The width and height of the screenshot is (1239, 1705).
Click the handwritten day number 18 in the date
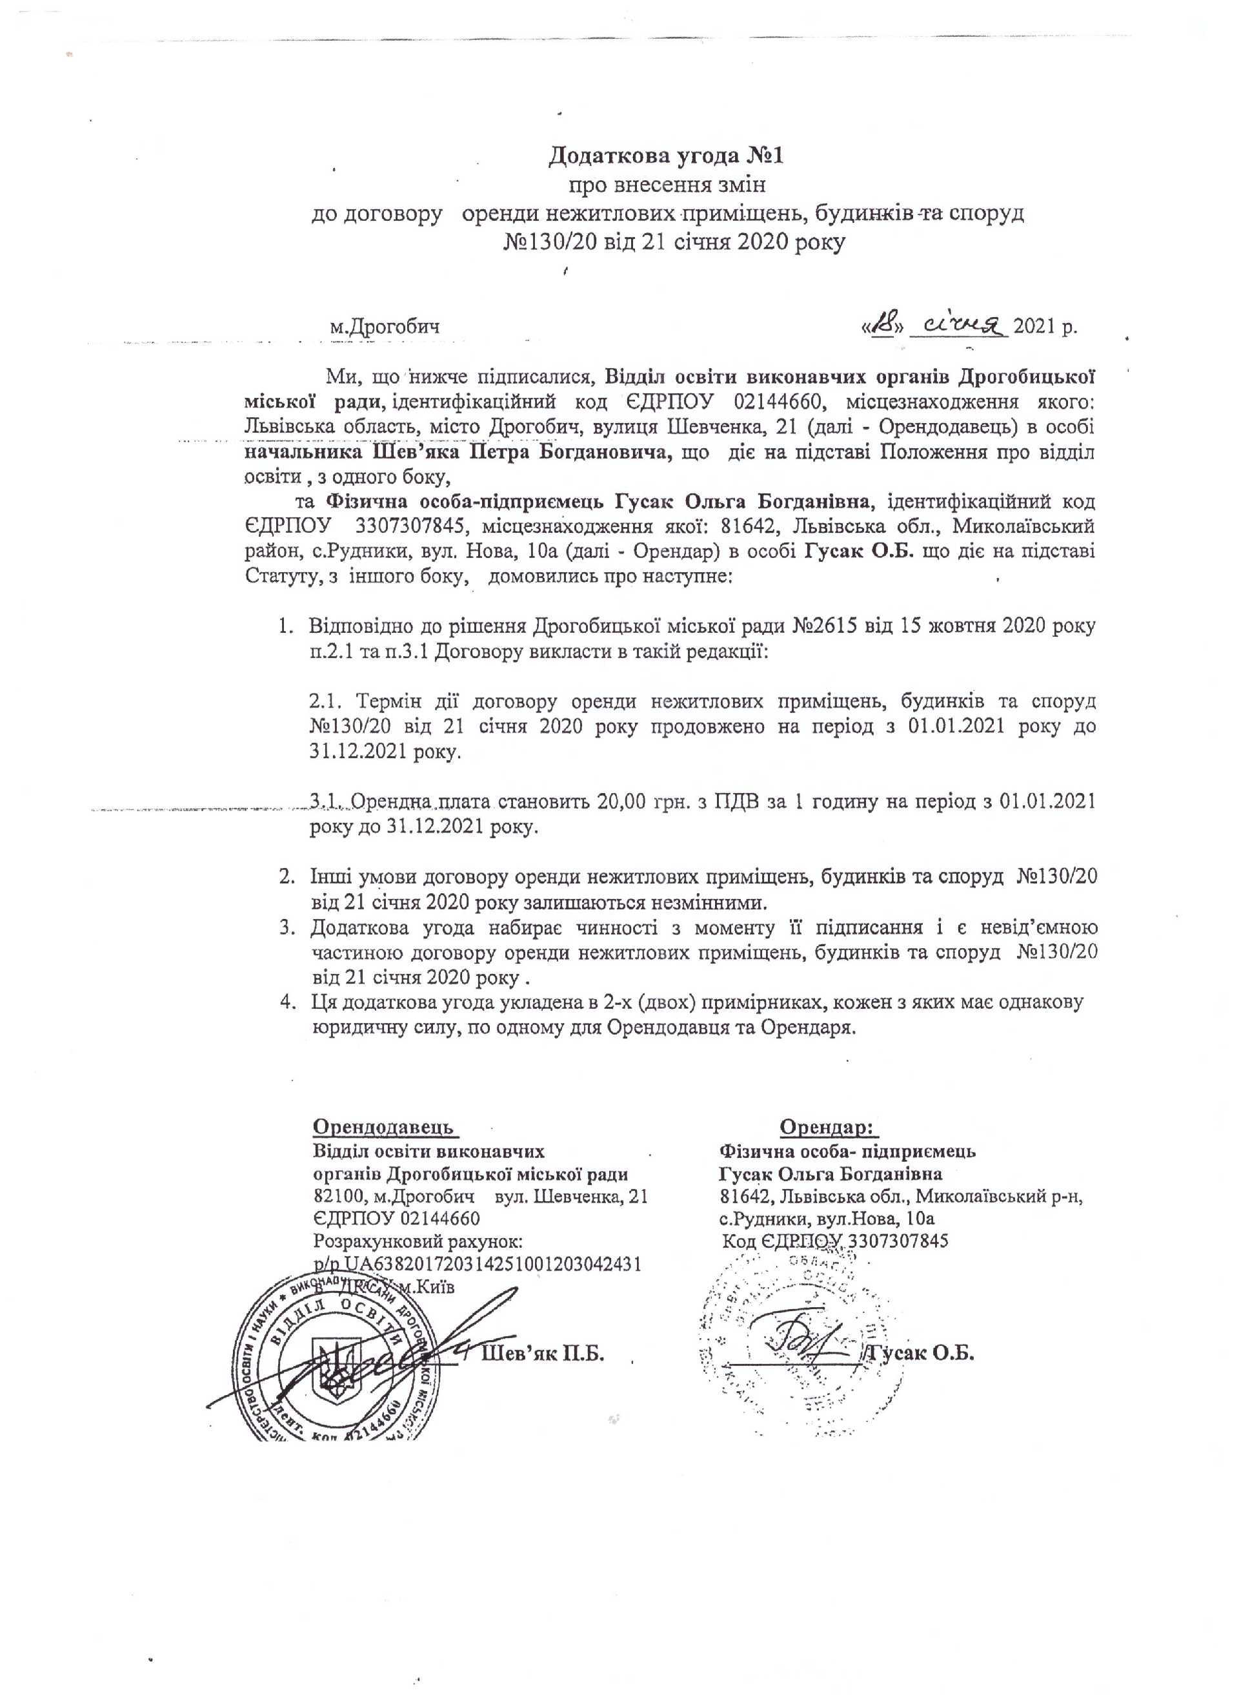coord(888,326)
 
